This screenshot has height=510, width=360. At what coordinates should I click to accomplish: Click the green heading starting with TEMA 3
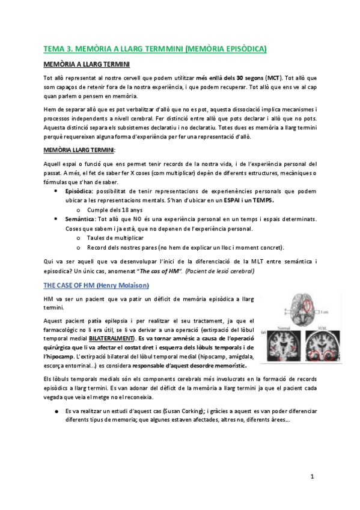tap(155, 48)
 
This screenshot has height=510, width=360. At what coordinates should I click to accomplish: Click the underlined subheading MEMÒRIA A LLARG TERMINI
tap(87, 64)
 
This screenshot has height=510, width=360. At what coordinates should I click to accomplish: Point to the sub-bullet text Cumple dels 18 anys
tap(110, 210)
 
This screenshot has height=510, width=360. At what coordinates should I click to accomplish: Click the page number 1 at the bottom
tap(312, 476)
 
